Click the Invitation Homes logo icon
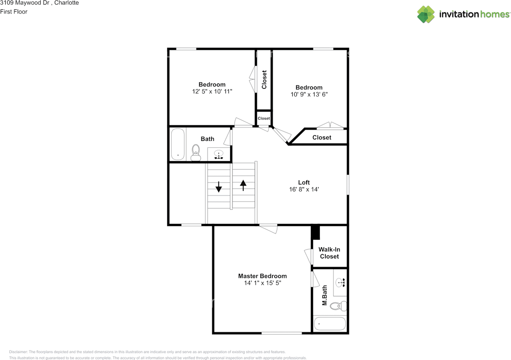click(426, 14)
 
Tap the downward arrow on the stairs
click(219, 187)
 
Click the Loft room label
click(304, 182)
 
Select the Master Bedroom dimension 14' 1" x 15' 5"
click(262, 283)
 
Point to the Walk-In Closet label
click(329, 253)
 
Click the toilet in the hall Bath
click(196, 152)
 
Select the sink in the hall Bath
click(219, 154)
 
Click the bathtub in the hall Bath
click(178, 144)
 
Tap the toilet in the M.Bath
click(340, 306)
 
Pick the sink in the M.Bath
click(341, 283)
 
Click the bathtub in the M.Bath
click(330, 324)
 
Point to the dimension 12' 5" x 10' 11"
click(212, 91)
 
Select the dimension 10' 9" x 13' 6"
click(309, 95)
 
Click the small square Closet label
click(263, 119)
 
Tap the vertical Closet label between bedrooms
click(264, 80)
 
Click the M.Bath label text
click(325, 295)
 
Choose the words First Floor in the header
click(14, 12)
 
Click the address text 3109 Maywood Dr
click(22, 3)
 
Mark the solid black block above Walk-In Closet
click(315, 232)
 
